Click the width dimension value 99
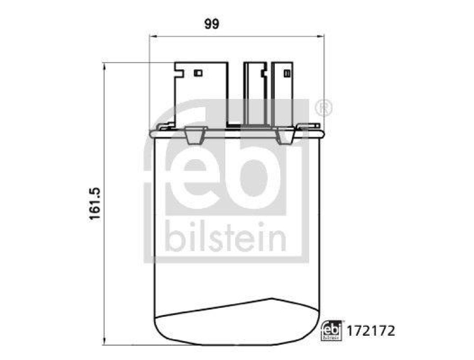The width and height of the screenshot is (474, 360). point(212,24)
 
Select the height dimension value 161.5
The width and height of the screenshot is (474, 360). point(94,202)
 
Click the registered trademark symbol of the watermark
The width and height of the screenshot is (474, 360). point(324,107)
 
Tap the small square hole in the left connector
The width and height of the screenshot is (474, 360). point(198,73)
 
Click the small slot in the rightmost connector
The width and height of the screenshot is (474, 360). point(287,73)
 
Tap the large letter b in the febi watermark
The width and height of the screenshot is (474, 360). point(242,172)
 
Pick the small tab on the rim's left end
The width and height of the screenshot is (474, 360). point(166,126)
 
